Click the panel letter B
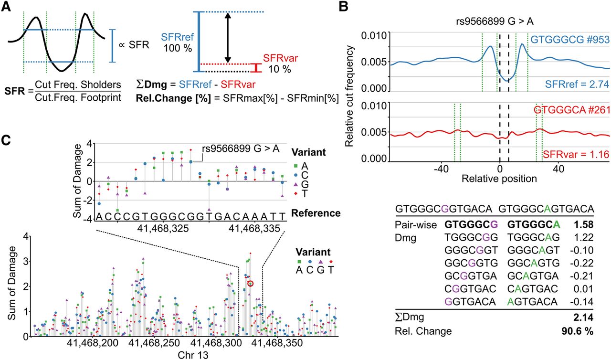tap(343, 6)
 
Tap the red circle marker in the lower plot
tap(251, 284)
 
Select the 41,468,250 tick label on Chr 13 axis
tap(154, 343)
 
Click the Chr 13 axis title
tap(193, 355)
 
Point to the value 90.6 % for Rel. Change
tap(578, 331)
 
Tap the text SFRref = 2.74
tap(577, 85)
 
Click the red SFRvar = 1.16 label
tap(576, 155)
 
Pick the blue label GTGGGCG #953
tap(570, 40)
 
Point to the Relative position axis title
tap(499, 179)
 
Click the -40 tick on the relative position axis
tap(441, 169)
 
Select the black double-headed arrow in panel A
tap(228, 38)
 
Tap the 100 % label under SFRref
tap(178, 48)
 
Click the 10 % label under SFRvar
tap(280, 69)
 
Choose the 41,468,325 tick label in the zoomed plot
tap(163, 228)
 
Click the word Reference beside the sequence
tap(316, 213)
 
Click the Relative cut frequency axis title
tap(349, 96)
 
